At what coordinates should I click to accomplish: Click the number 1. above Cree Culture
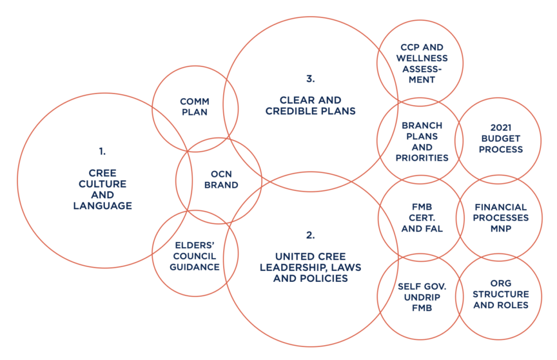[x=102, y=152]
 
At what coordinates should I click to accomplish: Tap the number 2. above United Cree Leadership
[x=310, y=235]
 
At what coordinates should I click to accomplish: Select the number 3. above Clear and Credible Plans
[x=310, y=79]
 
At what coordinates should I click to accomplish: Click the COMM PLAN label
[x=194, y=106]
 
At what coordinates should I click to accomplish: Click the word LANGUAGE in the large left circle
[x=103, y=206]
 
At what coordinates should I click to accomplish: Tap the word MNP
[x=501, y=228]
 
